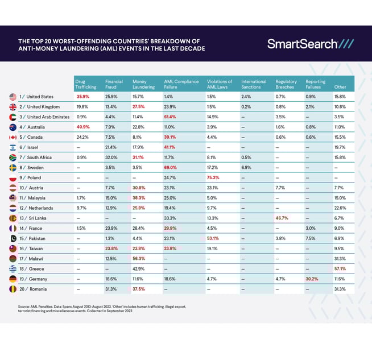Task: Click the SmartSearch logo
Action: click(x=311, y=44)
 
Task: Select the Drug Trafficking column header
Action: click(x=86, y=84)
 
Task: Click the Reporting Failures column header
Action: click(x=316, y=84)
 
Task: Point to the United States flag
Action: click(x=13, y=97)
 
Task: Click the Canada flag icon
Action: click(x=13, y=136)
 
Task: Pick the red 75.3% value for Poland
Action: click(x=214, y=177)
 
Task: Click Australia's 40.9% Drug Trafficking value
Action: click(x=83, y=127)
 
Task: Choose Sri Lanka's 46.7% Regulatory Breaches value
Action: click(x=283, y=218)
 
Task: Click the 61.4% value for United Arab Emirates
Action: click(x=171, y=117)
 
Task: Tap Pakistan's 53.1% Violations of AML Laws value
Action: click(x=214, y=238)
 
